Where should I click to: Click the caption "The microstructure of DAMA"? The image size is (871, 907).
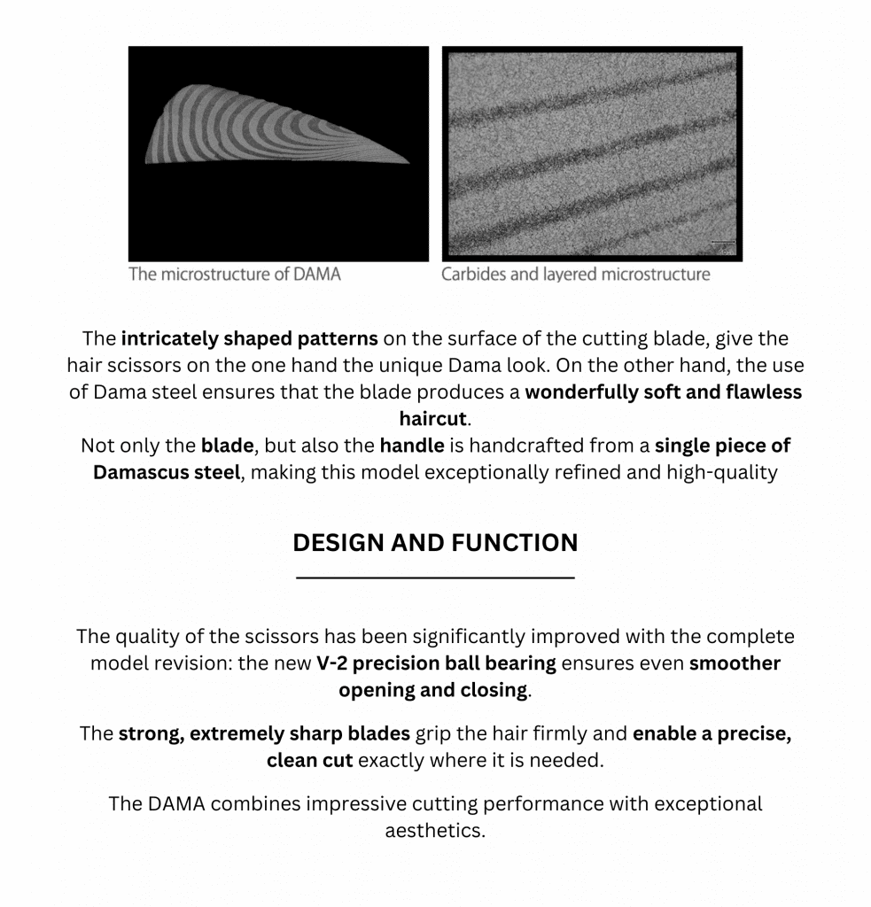pos(234,274)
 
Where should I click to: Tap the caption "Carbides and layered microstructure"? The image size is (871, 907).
pos(575,274)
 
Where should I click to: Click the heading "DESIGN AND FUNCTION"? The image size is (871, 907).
pos(435,542)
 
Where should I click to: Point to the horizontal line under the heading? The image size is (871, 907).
pos(435,578)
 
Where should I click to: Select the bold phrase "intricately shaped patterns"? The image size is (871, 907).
pos(249,339)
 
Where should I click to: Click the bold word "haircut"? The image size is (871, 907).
pos(432,419)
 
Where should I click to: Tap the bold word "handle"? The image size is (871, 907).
pos(412,446)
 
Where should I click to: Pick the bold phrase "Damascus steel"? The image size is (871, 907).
pos(167,472)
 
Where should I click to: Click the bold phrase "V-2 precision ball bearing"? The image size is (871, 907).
pos(436,663)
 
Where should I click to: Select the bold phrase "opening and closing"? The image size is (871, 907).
pos(432,690)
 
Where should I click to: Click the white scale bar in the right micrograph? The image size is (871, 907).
pos(723,241)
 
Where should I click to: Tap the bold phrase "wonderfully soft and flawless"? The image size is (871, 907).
pos(663,392)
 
